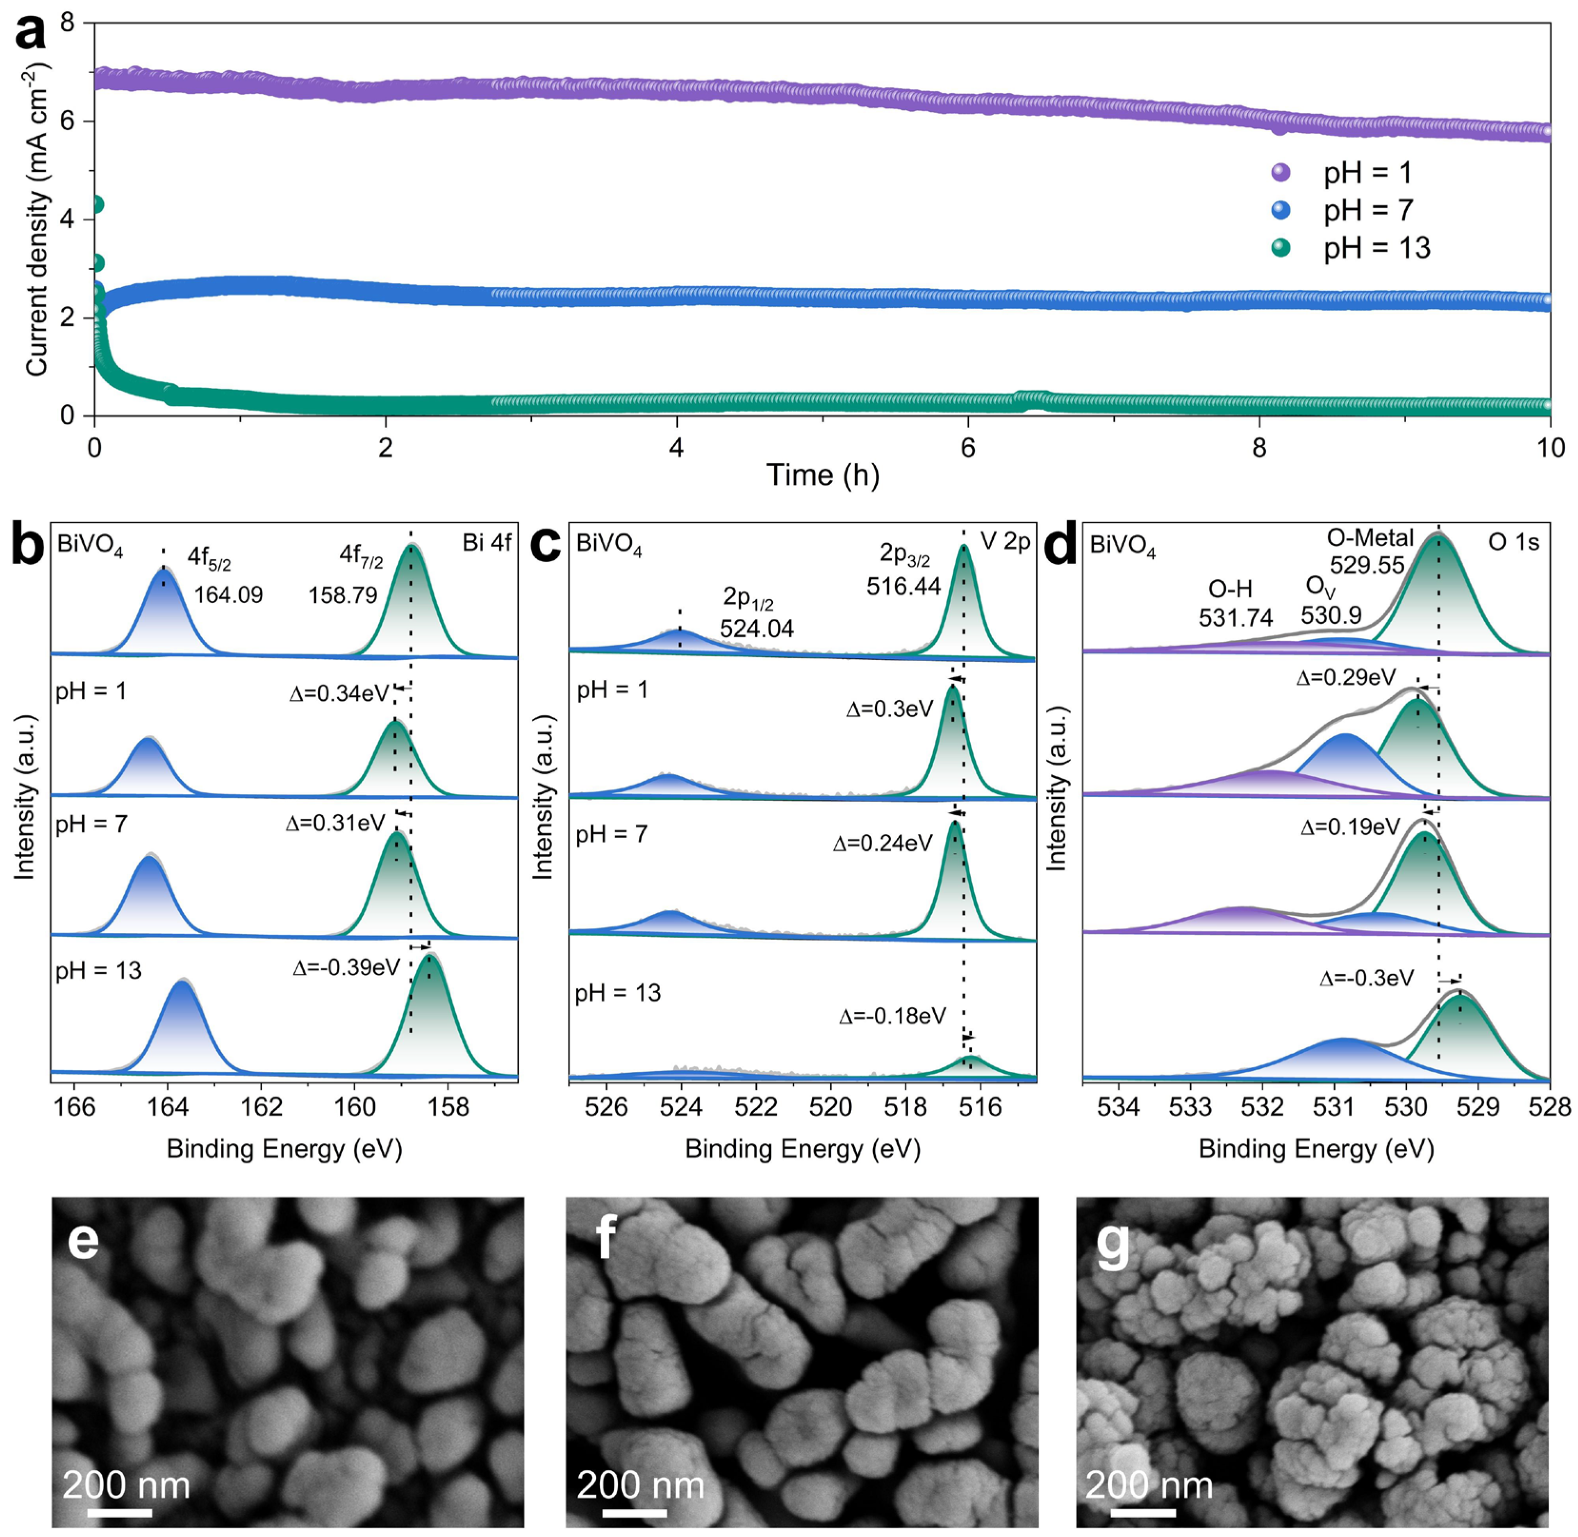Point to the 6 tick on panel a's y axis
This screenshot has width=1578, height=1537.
(x=66, y=121)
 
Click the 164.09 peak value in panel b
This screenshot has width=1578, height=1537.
(x=228, y=595)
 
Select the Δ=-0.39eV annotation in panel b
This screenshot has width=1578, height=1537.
(x=346, y=967)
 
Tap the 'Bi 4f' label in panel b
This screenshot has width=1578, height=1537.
(x=487, y=542)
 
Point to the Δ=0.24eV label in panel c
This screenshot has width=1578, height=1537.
(x=883, y=843)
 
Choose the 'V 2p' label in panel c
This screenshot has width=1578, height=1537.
(x=1005, y=542)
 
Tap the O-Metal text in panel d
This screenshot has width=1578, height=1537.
(x=1370, y=538)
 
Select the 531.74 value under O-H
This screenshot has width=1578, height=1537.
(x=1235, y=617)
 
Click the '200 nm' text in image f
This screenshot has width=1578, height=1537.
(x=640, y=1485)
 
